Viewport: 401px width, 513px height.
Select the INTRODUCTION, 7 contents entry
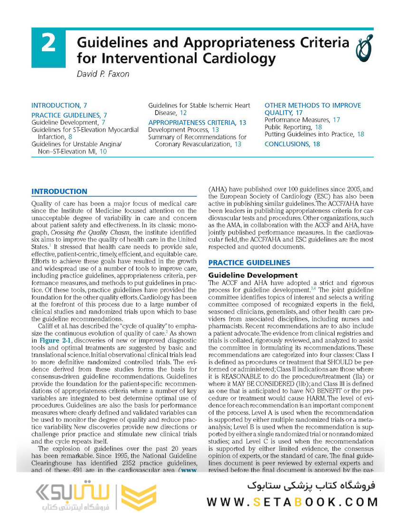coord(59,105)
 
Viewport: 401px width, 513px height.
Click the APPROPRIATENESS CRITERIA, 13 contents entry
coord(197,123)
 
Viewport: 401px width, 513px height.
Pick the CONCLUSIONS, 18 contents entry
coord(292,144)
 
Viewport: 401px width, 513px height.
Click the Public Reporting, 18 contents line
coord(293,127)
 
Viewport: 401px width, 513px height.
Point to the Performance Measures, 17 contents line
coord(302,120)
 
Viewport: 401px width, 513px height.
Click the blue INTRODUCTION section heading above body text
coord(59,192)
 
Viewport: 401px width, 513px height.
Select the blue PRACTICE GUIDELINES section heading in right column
coord(249,263)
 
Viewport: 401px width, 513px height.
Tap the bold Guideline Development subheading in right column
coord(253,275)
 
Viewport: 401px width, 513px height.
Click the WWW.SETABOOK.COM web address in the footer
coord(293,502)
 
